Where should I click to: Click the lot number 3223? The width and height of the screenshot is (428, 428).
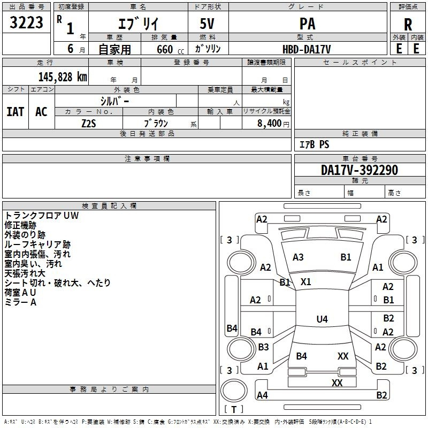pos(26,22)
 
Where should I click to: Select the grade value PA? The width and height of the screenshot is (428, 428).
pos(307,24)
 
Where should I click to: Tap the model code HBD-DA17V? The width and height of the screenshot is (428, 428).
pos(307,49)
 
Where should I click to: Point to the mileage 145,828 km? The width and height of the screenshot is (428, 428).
pos(63,77)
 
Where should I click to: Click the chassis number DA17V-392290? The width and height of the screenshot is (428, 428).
pos(360,170)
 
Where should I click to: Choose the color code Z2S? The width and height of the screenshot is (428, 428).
pos(89,124)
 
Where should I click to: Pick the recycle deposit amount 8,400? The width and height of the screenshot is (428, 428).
pos(270,123)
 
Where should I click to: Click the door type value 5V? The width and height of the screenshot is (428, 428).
pos(207,24)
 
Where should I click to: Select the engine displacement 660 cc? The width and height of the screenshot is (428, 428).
pos(170,49)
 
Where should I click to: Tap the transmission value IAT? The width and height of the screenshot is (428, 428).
pos(16,112)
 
